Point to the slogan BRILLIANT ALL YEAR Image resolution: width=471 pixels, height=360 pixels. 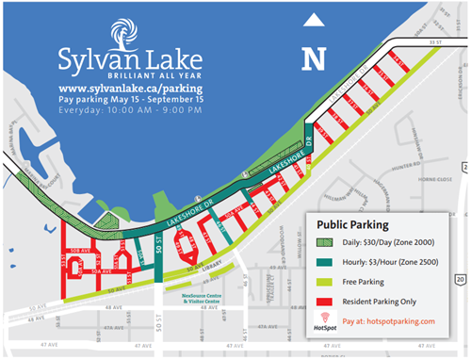click(116, 72)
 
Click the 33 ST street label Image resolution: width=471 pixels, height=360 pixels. click(432, 42)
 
